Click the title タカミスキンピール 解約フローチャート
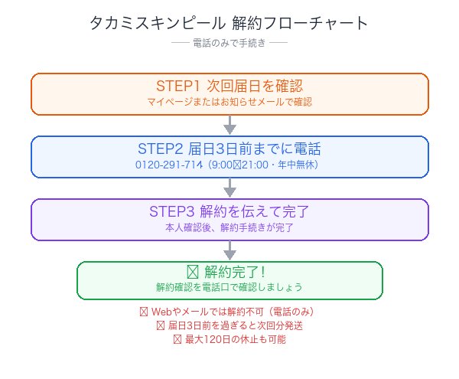point(229,23)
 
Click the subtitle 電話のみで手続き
point(229,44)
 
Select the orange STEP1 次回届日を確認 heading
point(229,85)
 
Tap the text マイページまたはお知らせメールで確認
point(229,101)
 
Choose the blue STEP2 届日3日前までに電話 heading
point(229,148)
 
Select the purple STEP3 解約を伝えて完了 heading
point(229,211)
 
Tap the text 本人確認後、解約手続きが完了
point(229,227)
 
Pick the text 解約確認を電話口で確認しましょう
point(229,287)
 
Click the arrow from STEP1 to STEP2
point(229,125)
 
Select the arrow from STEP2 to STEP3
point(229,188)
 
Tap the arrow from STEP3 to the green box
point(229,250)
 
